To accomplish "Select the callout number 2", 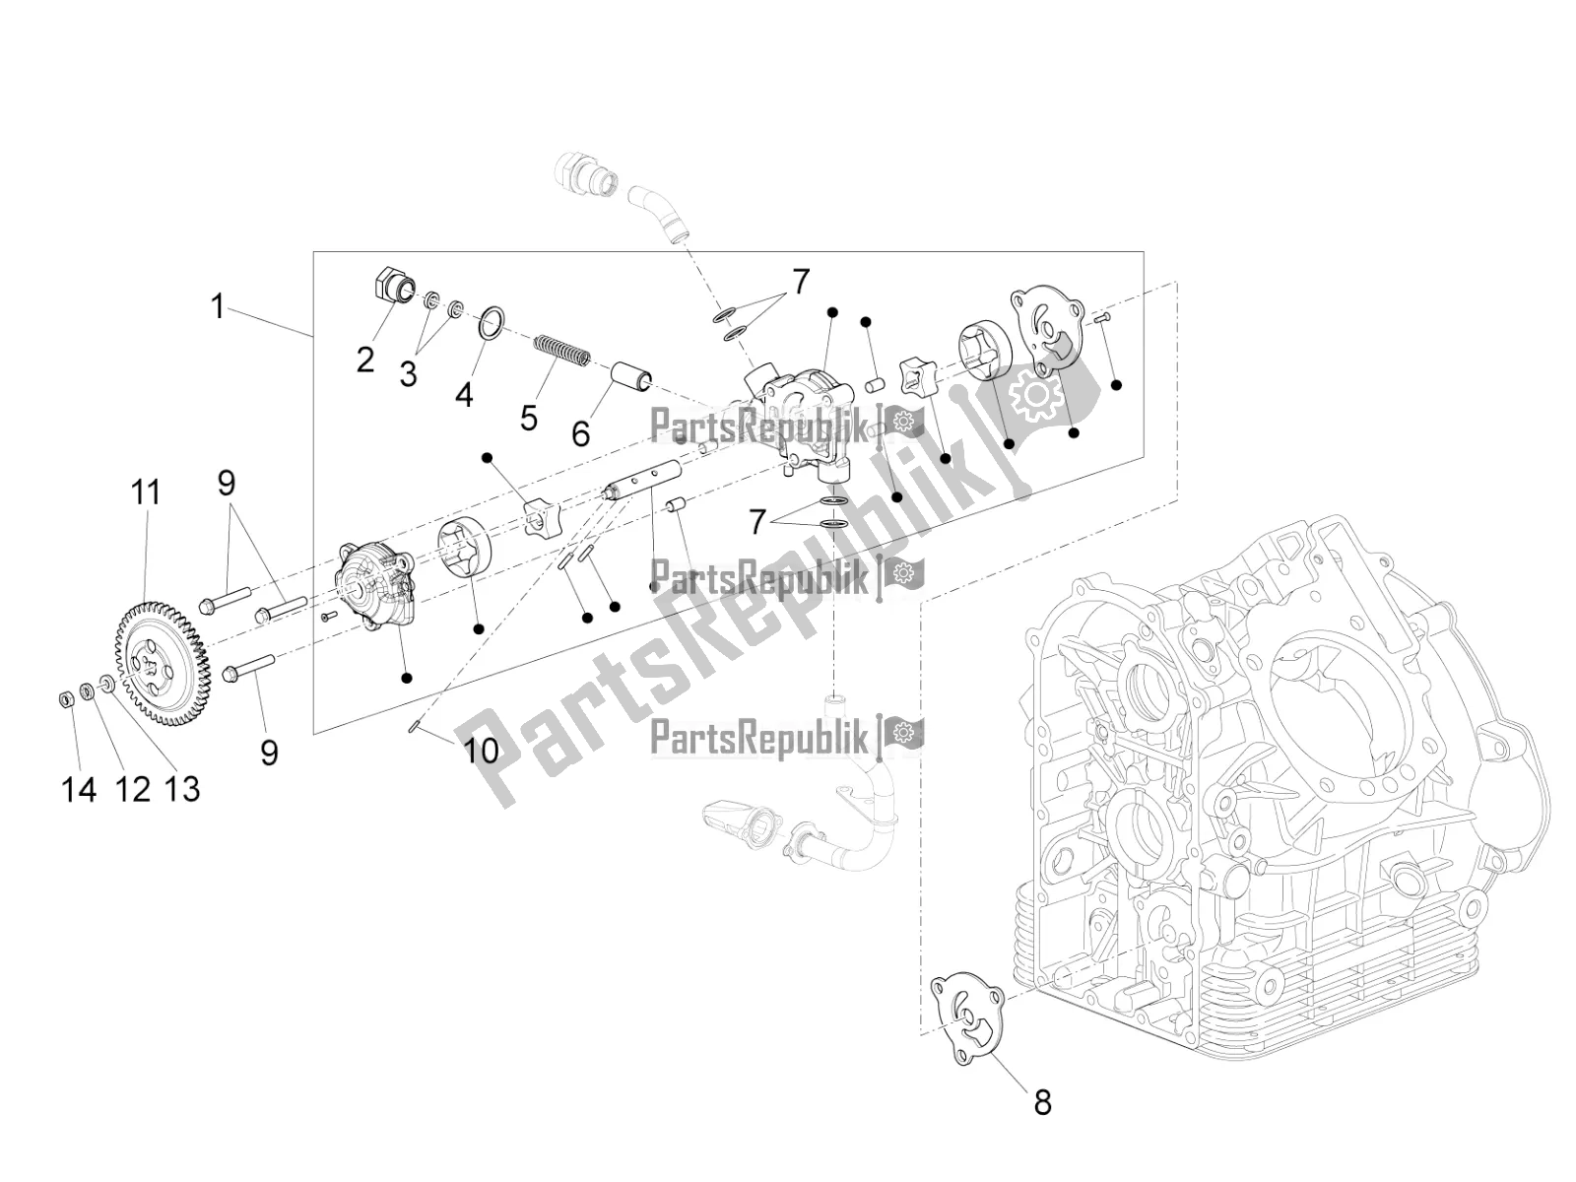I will [365, 361].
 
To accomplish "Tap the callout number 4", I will [464, 395].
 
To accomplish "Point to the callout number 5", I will [529, 418].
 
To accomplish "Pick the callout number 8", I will [1042, 1102].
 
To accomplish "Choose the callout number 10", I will [482, 752].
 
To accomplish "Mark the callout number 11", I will [146, 492].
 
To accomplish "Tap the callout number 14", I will [79, 788].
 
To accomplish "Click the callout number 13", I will [184, 788].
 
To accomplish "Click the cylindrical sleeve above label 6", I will [630, 377].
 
